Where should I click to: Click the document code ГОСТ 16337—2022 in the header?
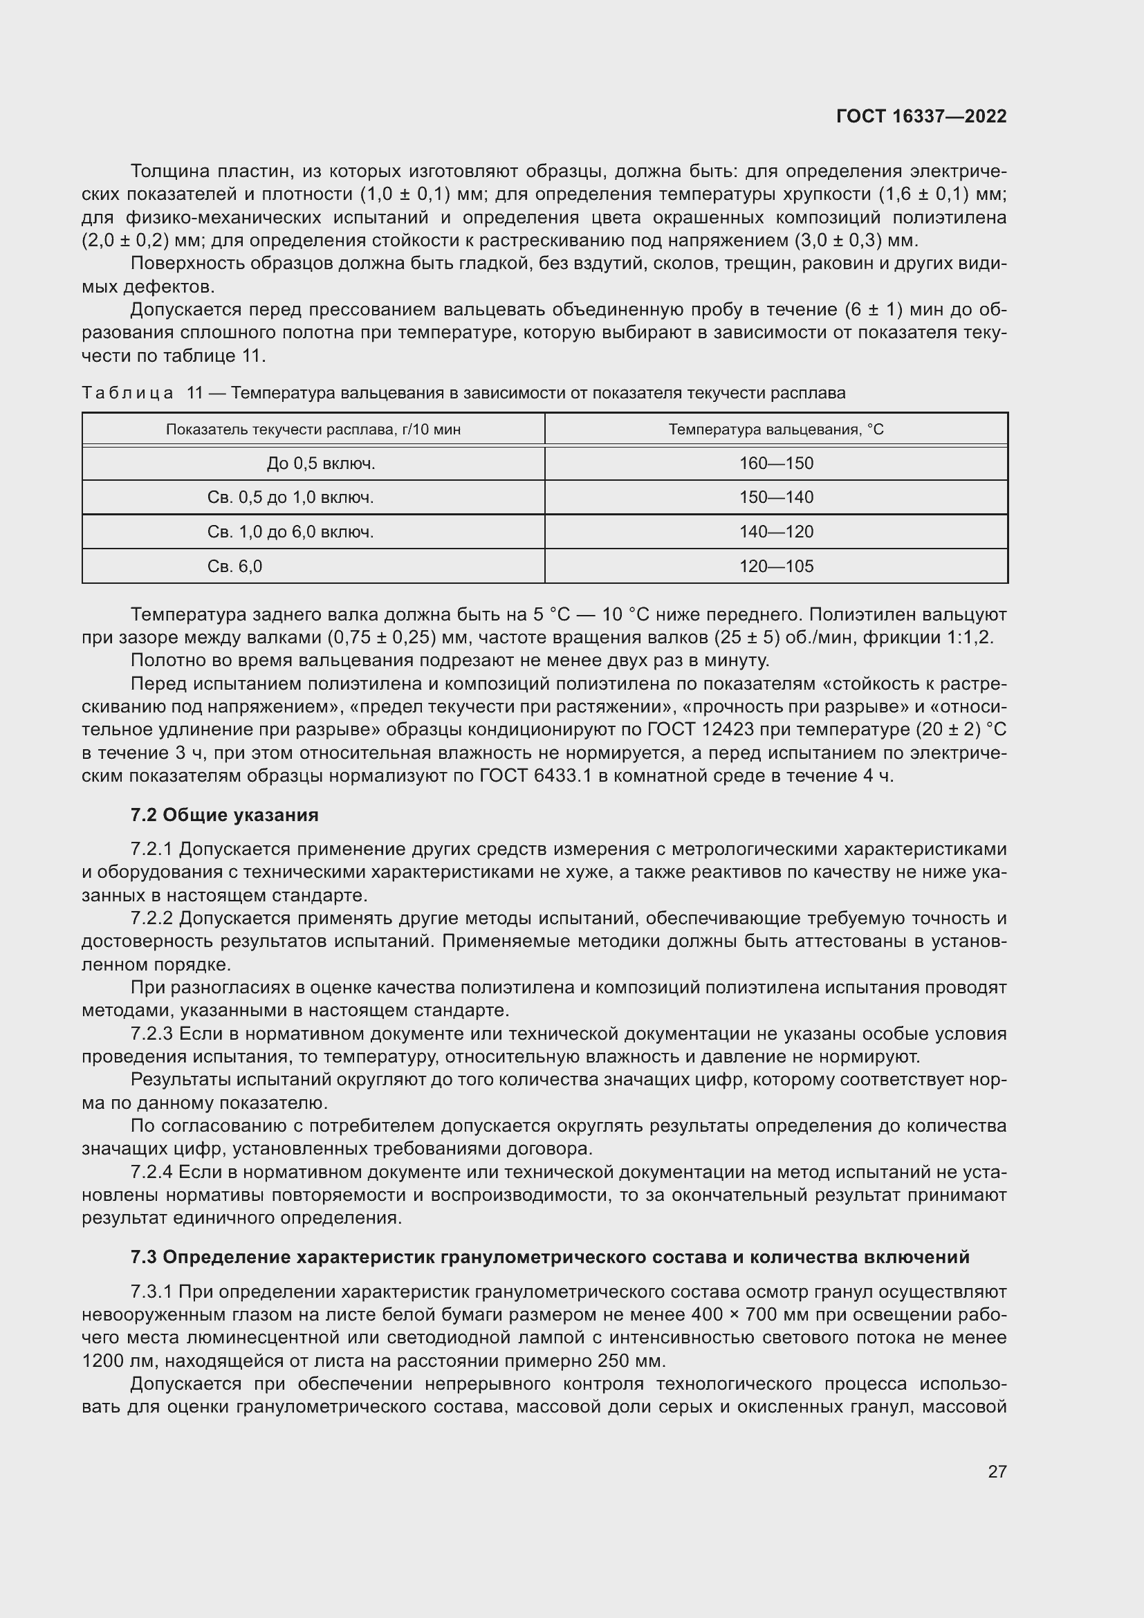[x=921, y=116]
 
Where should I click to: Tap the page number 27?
[x=997, y=1471]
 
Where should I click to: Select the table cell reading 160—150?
[x=775, y=463]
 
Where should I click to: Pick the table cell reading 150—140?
[x=775, y=497]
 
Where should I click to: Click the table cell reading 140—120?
[x=775, y=531]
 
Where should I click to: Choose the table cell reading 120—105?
[x=775, y=566]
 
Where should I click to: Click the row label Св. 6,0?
[x=234, y=566]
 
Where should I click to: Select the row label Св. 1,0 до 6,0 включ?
[x=290, y=531]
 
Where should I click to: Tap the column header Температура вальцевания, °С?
[x=775, y=429]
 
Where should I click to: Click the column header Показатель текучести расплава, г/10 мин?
[x=313, y=429]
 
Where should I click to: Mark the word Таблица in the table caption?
[x=127, y=392]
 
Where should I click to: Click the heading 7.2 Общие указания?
[x=224, y=815]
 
